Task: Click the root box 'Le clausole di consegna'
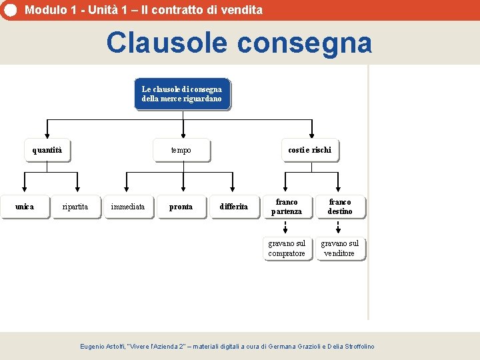tap(182, 94)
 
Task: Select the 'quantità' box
tap(47, 150)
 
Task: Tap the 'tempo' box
tap(181, 150)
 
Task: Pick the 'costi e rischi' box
tap(309, 150)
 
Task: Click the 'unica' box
tap(25, 207)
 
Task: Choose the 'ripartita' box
tap(75, 207)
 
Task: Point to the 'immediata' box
tap(127, 207)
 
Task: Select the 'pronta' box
tap(181, 207)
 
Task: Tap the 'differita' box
tap(233, 207)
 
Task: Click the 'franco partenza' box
tap(287, 207)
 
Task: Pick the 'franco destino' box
tap(339, 207)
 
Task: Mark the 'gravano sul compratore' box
tap(287, 248)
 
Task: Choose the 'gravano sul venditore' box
tap(339, 248)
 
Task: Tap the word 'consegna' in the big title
tap(304, 43)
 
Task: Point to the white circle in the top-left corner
tap(9, 10)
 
